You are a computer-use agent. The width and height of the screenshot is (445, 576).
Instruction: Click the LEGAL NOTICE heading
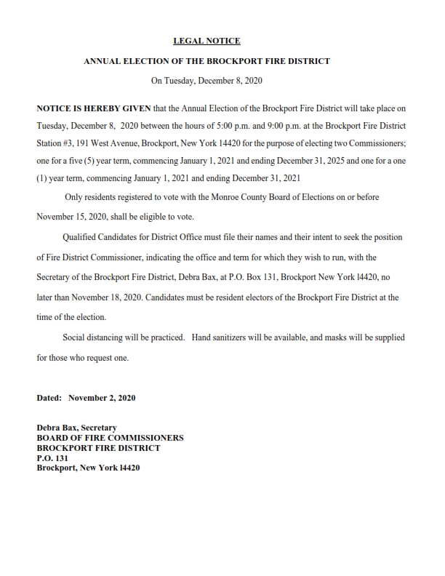(207, 41)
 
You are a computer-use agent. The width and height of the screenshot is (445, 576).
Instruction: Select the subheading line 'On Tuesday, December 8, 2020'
(207, 81)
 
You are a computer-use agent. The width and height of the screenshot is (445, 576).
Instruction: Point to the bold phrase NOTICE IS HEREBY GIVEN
(94, 108)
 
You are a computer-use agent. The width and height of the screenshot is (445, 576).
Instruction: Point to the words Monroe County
(240, 198)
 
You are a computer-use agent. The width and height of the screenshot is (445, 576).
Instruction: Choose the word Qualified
(81, 238)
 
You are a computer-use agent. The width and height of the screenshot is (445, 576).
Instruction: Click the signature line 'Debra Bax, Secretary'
(76, 428)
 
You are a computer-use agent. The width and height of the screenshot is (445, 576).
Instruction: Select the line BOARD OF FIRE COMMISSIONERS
(110, 438)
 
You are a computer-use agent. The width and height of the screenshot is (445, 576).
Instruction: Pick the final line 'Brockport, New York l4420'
(88, 468)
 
